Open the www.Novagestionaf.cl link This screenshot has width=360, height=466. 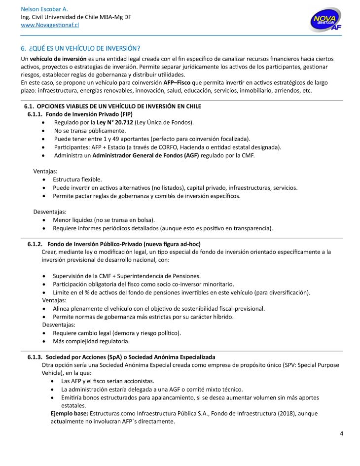point(50,25)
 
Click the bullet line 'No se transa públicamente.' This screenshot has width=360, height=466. point(90,131)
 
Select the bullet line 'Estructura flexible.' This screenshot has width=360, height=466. point(77,179)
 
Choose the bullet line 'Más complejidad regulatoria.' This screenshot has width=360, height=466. point(91,341)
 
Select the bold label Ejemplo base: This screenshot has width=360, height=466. point(69,413)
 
